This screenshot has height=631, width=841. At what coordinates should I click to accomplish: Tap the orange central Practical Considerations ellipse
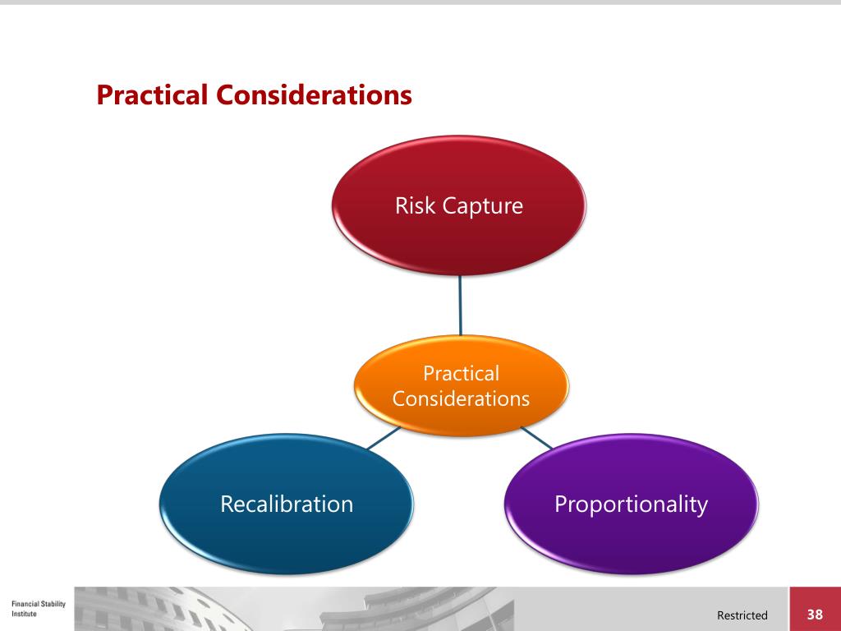[x=461, y=411]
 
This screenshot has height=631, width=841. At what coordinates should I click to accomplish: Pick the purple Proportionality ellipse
[x=631, y=538]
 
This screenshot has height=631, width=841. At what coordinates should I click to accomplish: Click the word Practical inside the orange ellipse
[x=461, y=374]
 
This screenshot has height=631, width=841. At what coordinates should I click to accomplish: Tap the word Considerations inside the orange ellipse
[x=461, y=399]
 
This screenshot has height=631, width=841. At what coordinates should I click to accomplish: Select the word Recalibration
[x=287, y=504]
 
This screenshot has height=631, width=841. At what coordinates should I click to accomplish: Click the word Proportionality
[x=631, y=504]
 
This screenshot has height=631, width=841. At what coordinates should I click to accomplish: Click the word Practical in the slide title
[x=153, y=95]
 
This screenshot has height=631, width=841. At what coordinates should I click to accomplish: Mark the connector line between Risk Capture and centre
[x=460, y=305]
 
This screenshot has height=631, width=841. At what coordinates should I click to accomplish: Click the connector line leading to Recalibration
[x=382, y=438]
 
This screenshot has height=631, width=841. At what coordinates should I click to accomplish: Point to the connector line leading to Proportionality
[x=536, y=437]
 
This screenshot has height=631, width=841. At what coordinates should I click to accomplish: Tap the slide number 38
[x=815, y=615]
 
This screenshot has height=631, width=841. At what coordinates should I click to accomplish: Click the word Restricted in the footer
[x=742, y=615]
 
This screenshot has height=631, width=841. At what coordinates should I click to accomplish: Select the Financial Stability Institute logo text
[x=39, y=609]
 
